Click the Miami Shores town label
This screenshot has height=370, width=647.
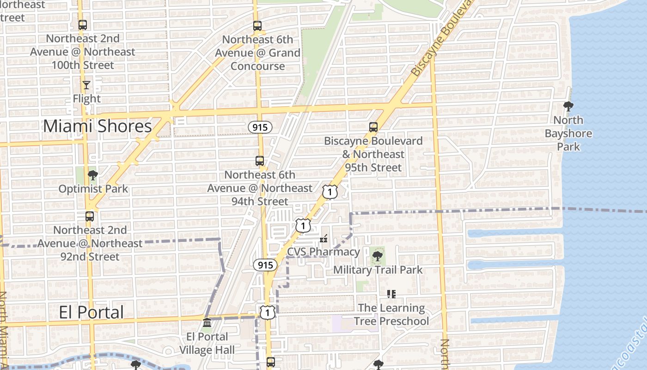(x=98, y=126)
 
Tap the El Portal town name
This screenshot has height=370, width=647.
(x=92, y=312)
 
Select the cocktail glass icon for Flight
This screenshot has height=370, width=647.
(x=86, y=85)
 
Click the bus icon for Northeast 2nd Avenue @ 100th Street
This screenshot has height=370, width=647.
(x=83, y=25)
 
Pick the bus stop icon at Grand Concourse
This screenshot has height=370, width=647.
(x=257, y=26)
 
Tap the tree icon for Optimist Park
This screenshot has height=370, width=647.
(x=92, y=175)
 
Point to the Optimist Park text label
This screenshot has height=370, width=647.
(x=93, y=189)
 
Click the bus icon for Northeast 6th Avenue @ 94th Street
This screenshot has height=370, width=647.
(x=260, y=161)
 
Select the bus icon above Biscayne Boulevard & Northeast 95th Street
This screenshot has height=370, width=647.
(x=373, y=127)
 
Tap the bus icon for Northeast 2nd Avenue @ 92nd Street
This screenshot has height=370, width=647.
(x=90, y=216)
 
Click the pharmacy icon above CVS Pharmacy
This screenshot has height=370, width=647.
(x=323, y=239)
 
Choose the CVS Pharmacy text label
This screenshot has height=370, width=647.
(x=323, y=252)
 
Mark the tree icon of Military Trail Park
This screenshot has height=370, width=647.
(x=378, y=256)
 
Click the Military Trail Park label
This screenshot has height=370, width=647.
(x=378, y=270)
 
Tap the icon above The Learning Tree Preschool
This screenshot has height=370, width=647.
(x=391, y=294)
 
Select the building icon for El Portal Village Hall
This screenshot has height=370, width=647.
(x=207, y=322)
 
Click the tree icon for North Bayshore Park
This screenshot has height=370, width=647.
(x=568, y=107)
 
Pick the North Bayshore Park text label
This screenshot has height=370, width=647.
(x=568, y=133)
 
